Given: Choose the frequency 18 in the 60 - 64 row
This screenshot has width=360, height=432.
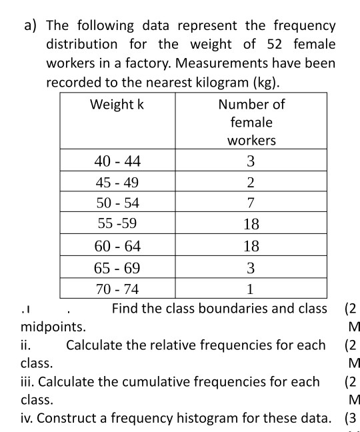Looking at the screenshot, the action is coord(251,247).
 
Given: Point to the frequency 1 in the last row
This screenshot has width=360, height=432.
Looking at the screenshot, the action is coord(251,289).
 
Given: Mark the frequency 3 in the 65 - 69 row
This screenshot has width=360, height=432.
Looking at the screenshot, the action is coord(251,268).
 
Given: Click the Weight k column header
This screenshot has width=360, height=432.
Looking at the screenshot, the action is coord(117,105).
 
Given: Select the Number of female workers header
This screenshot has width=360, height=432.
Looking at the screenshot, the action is coord(251,122).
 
